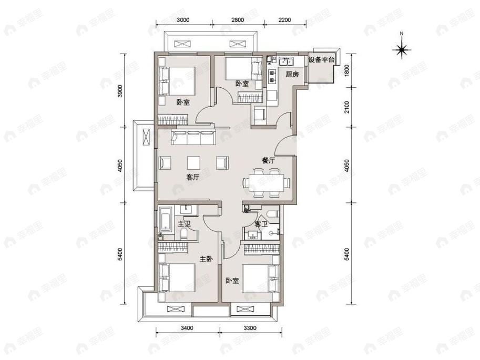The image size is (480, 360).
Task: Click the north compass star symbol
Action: [402, 49]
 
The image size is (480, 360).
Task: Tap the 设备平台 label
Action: [321, 60]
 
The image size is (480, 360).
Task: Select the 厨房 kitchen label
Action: [292, 74]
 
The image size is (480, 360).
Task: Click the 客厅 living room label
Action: [193, 177]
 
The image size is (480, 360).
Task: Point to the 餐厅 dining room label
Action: [268, 161]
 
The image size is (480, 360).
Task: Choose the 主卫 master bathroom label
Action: [185, 223]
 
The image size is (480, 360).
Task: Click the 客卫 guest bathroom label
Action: [261, 224]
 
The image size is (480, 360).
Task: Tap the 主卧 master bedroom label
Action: [206, 259]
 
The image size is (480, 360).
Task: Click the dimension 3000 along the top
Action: [183, 20]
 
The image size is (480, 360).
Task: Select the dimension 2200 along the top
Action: [284, 20]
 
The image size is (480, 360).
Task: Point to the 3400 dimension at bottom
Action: [187, 328]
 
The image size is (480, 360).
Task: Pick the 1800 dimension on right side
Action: [347, 70]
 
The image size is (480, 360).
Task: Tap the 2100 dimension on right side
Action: [347, 107]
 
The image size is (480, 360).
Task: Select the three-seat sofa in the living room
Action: [193, 138]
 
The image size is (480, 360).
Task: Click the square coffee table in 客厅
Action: [193, 163]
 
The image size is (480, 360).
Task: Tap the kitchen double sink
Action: [286, 60]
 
